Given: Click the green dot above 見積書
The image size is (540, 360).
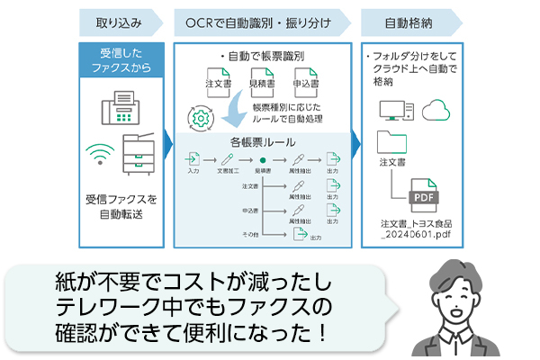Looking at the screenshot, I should click(263, 160).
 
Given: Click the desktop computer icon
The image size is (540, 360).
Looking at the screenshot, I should click(395, 110).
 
